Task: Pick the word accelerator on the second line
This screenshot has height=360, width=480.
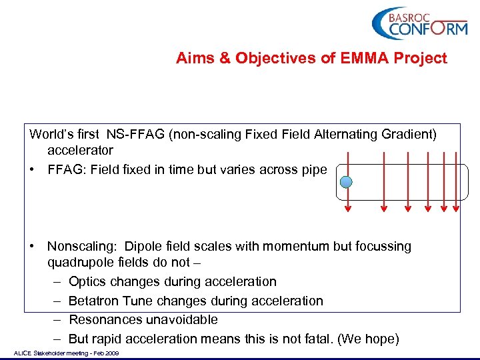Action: [x=80, y=151]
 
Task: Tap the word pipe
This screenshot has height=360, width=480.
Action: [x=314, y=169]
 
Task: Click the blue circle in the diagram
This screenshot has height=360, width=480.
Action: [x=346, y=182]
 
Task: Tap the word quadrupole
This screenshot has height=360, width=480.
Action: [x=80, y=263]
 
